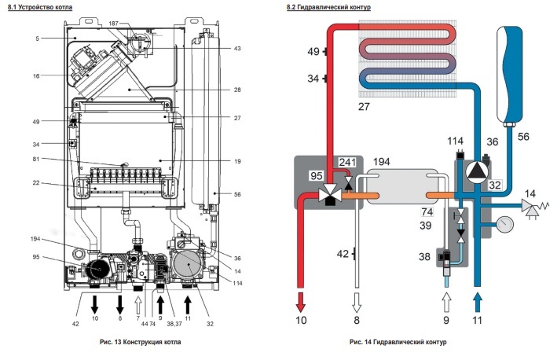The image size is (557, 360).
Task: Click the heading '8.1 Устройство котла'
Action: [x=41, y=7]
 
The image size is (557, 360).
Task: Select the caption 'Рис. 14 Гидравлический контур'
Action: [x=399, y=343]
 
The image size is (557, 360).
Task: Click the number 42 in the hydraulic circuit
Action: [x=344, y=254]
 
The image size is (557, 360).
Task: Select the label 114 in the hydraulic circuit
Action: [x=456, y=141]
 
